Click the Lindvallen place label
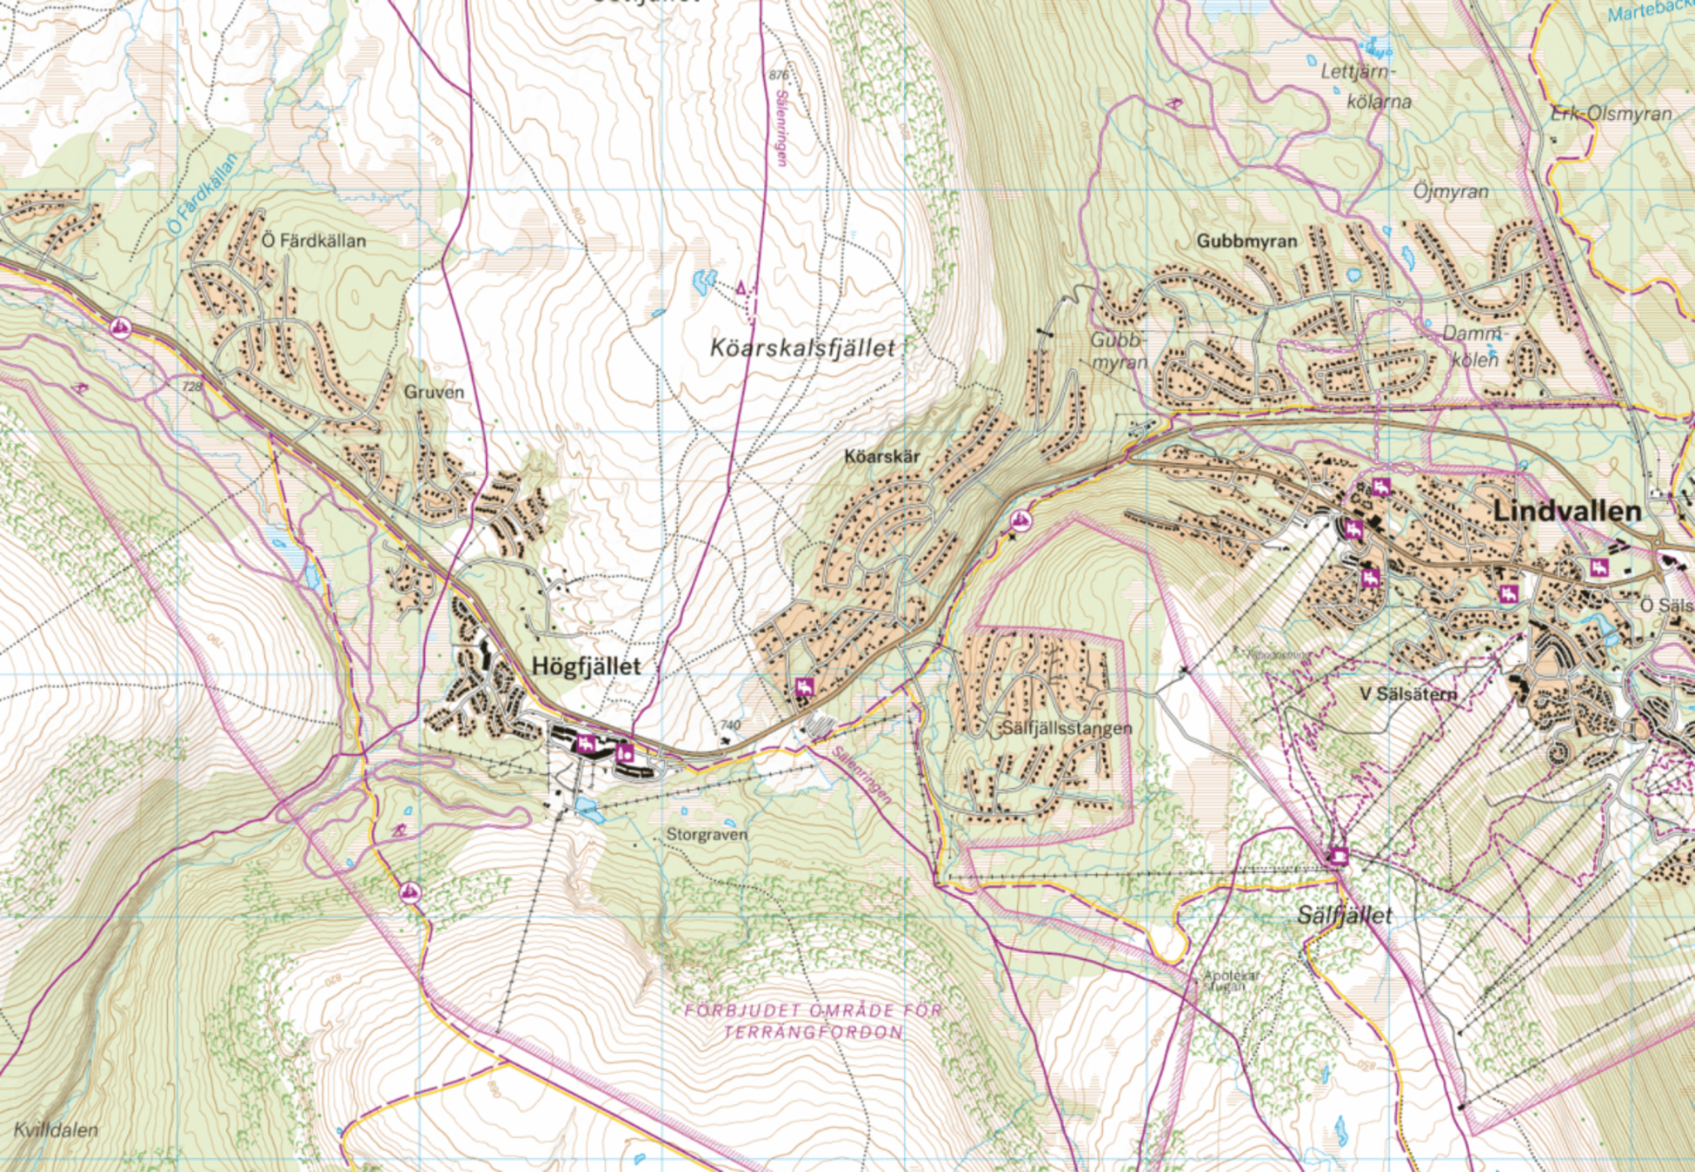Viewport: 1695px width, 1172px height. click(1566, 512)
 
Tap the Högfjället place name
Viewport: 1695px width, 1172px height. click(586, 666)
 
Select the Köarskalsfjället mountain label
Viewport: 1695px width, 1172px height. click(801, 348)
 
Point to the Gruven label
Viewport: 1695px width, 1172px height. click(434, 392)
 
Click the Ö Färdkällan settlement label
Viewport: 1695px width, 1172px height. click(314, 241)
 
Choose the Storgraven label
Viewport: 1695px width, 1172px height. click(706, 835)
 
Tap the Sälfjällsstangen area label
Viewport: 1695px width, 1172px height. click(1067, 728)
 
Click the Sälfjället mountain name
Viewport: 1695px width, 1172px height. click(1344, 915)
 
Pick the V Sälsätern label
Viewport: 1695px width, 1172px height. click(1407, 693)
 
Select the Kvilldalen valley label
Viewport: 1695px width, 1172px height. click(56, 1130)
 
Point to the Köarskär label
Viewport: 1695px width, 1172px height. click(881, 455)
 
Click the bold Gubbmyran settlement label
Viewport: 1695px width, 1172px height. click(1246, 241)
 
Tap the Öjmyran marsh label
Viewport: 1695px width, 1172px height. click(1450, 191)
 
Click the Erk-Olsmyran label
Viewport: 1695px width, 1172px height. click(1611, 114)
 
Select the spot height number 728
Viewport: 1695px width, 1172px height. click(191, 385)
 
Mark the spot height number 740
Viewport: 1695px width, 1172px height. click(730, 725)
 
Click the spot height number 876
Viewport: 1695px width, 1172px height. click(778, 76)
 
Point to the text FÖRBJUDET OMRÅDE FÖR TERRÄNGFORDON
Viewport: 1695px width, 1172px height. click(813, 1022)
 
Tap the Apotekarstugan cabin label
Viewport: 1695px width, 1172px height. click(1231, 980)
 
